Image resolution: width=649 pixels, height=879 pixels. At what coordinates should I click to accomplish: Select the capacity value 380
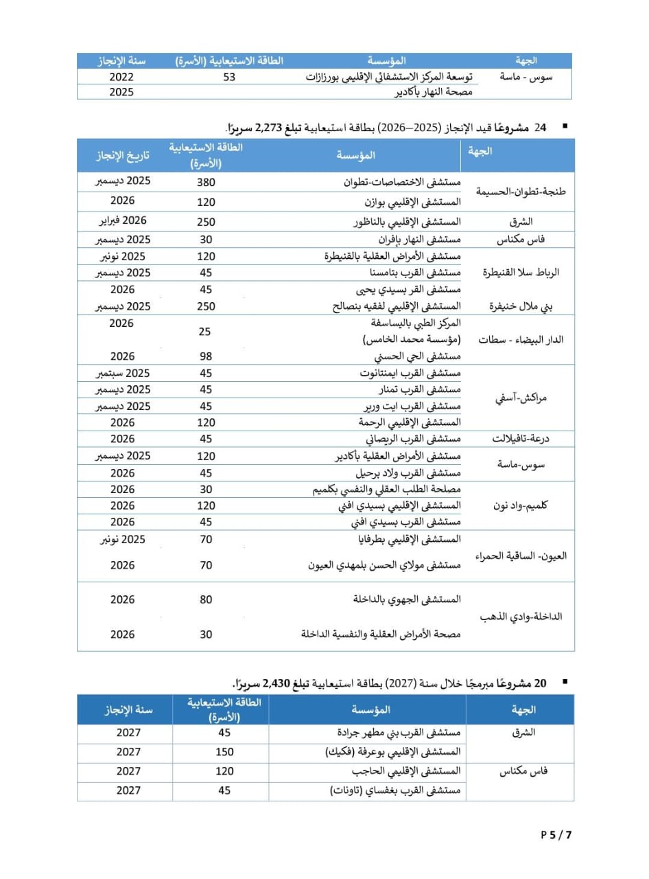(x=206, y=183)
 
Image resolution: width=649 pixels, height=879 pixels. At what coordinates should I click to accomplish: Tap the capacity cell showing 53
(x=229, y=78)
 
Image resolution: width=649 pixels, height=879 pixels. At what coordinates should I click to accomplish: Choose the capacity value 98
(x=206, y=356)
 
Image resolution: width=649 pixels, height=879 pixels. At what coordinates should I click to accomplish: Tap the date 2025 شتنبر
(x=123, y=373)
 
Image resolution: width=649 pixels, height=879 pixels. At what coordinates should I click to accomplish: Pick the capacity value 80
(x=206, y=600)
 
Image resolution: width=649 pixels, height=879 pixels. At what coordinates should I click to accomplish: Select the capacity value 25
(x=205, y=332)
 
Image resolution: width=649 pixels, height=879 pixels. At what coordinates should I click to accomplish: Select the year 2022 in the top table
(x=121, y=78)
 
